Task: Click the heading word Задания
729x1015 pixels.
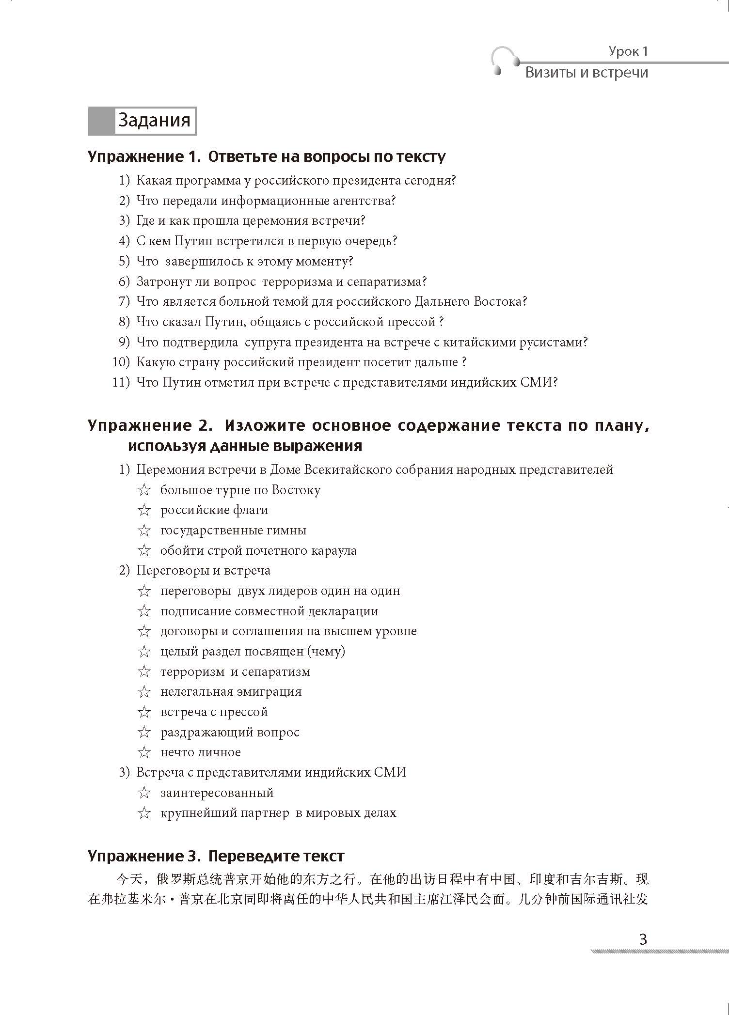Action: coord(154,120)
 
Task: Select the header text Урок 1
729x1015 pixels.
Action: coord(628,51)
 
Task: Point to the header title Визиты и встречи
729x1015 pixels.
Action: coord(586,73)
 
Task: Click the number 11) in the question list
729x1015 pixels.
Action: coord(121,382)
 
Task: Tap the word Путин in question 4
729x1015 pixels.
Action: coord(193,241)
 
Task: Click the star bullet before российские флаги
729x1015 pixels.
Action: coord(144,510)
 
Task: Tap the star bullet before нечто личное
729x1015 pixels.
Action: coord(144,752)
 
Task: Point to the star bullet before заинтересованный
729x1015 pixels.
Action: coord(144,793)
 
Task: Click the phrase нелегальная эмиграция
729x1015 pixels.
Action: coord(231,692)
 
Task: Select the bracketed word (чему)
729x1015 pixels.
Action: coord(326,651)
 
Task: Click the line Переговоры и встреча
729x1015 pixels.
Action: coord(203,571)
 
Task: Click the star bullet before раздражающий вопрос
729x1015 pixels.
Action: coord(144,732)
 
